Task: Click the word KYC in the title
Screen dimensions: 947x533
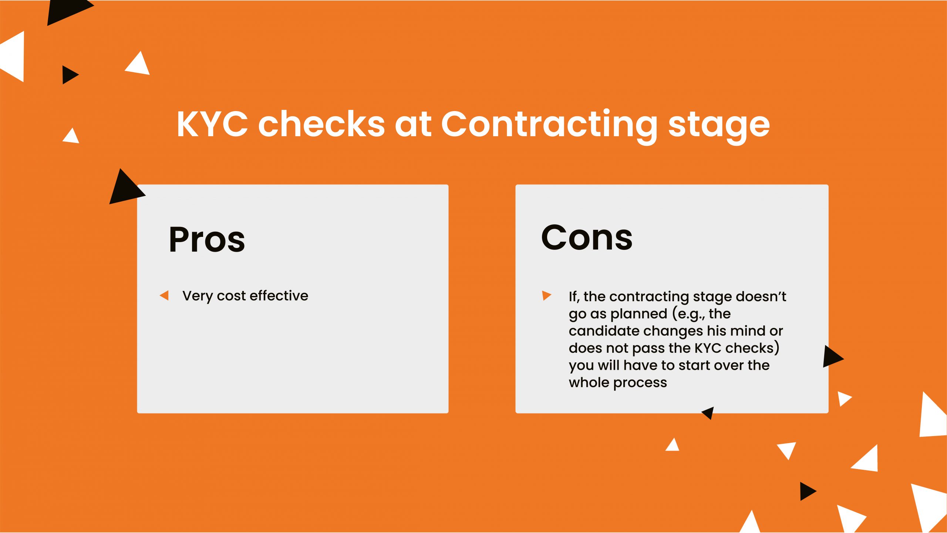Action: point(212,124)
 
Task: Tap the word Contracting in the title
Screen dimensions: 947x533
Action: point(549,126)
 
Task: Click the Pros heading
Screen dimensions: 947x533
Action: point(207,240)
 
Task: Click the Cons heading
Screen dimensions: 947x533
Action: point(587,238)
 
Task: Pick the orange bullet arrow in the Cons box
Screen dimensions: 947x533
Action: point(547,295)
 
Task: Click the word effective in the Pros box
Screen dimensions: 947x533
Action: point(279,295)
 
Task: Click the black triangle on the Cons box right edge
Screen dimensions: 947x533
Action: point(833,356)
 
